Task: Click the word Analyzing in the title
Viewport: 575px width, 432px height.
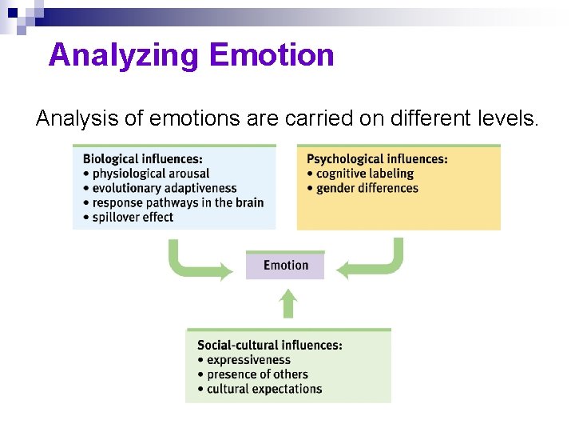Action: (x=124, y=55)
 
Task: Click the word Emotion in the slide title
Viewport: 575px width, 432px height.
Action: (x=272, y=55)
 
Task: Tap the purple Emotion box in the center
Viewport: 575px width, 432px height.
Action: (x=285, y=266)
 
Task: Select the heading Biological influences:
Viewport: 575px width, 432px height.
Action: (x=143, y=159)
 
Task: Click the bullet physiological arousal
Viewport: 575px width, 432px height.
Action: (x=150, y=174)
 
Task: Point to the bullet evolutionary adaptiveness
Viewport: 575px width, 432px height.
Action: (x=164, y=188)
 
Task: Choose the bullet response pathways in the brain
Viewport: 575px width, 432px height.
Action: (x=177, y=202)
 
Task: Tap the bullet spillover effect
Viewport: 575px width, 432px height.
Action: (x=133, y=217)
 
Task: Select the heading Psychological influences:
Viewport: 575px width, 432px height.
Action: (x=377, y=159)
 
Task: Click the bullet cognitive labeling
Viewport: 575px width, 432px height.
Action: (x=364, y=174)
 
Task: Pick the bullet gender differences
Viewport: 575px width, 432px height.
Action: (x=367, y=188)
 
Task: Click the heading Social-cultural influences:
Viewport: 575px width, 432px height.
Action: (x=270, y=346)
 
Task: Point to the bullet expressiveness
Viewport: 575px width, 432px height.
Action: (x=248, y=360)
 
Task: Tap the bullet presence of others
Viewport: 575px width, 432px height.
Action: (x=257, y=374)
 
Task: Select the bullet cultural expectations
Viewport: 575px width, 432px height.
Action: (x=264, y=389)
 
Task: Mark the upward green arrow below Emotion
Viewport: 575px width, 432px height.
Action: (x=288, y=304)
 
